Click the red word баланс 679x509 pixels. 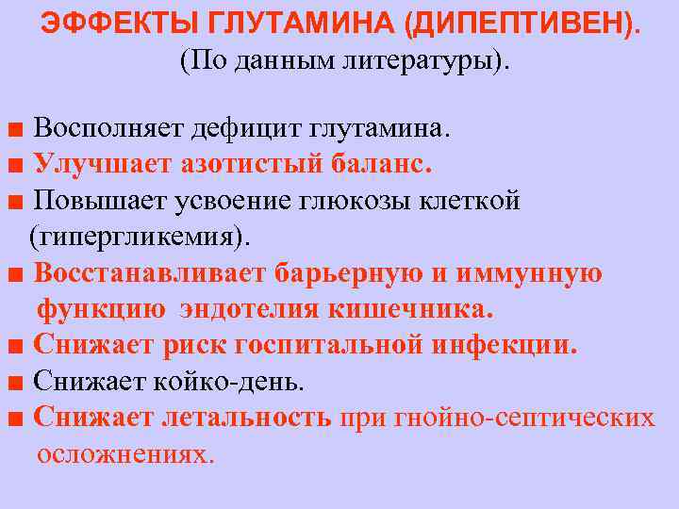click(381, 164)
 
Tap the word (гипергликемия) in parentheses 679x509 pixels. click(141, 237)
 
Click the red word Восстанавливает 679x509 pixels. click(151, 273)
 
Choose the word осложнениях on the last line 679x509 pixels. click(125, 453)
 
